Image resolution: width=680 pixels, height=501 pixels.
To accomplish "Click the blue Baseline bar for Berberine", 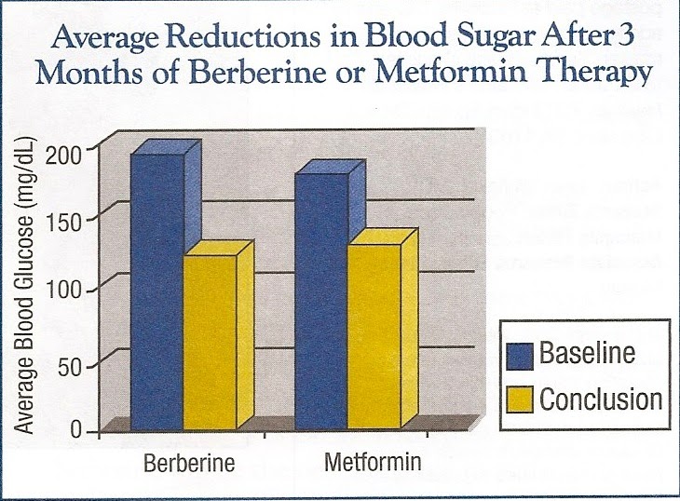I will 156,289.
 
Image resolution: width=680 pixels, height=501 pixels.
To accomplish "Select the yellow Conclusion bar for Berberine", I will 210,340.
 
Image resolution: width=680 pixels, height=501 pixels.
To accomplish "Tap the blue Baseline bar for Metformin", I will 320,298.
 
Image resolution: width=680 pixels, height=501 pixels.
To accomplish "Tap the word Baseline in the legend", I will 588,354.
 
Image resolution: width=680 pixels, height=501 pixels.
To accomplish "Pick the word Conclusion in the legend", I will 601,399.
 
